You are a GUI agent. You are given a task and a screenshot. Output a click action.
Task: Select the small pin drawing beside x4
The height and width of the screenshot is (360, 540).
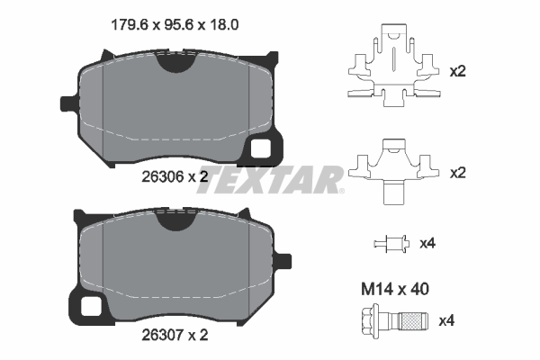click(x=390, y=243)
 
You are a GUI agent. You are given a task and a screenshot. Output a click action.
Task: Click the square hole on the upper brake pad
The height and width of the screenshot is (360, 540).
click(x=263, y=148)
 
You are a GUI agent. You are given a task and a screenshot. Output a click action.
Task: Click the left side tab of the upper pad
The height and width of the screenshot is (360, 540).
click(x=66, y=102)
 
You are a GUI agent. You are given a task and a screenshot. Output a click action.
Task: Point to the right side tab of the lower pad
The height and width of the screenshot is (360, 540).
click(x=283, y=261)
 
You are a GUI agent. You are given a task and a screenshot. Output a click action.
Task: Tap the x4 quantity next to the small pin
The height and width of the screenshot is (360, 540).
click(x=427, y=243)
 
